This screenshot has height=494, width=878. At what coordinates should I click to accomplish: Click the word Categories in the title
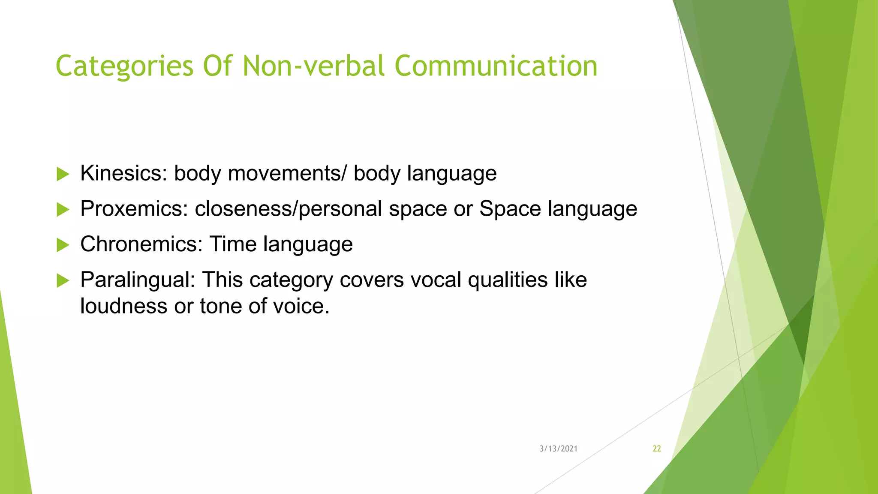click(x=124, y=66)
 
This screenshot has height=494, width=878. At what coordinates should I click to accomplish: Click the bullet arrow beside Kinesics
click(x=63, y=174)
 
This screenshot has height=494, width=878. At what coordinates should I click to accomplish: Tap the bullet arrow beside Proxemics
click(x=63, y=210)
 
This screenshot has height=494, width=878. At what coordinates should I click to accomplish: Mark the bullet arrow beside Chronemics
click(x=63, y=245)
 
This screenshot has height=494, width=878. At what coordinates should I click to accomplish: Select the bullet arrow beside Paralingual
click(x=63, y=280)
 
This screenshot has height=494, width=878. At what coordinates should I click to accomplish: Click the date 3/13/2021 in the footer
click(x=558, y=449)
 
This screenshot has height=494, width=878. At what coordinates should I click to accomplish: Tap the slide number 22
click(x=657, y=449)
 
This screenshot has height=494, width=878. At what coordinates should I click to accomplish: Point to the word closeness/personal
click(x=288, y=209)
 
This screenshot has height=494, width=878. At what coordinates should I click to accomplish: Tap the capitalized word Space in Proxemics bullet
click(x=510, y=209)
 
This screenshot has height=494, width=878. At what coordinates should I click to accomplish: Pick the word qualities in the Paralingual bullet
click(x=508, y=280)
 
